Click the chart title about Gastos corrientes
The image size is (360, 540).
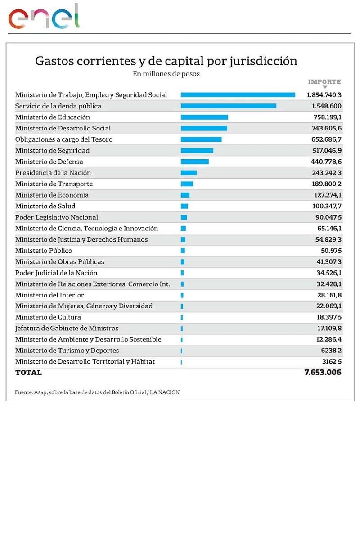pyautogui.click(x=166, y=61)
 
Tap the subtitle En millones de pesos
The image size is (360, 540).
pyautogui.click(x=166, y=74)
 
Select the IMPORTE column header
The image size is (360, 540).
pyautogui.click(x=324, y=82)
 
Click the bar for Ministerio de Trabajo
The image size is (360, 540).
pyautogui.click(x=238, y=95)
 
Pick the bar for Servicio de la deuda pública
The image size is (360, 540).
pyautogui.click(x=228, y=106)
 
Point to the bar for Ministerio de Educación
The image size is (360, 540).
pyautogui.click(x=204, y=117)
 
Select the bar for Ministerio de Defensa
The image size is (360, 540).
pyautogui.click(x=194, y=162)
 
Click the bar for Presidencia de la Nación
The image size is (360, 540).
pyautogui.click(x=189, y=173)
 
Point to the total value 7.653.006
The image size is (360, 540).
pyautogui.click(x=323, y=373)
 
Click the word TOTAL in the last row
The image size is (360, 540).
pyautogui.click(x=28, y=373)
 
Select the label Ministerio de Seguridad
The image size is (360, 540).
pyautogui.click(x=52, y=150)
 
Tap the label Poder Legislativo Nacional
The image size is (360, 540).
pyautogui.click(x=56, y=217)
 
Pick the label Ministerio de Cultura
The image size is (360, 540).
pyautogui.click(x=48, y=317)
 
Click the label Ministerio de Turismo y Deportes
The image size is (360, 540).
pyautogui.click(x=67, y=351)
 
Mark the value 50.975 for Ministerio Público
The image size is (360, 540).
pyautogui.click(x=329, y=251)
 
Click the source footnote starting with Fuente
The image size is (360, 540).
pyautogui.click(x=97, y=392)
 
